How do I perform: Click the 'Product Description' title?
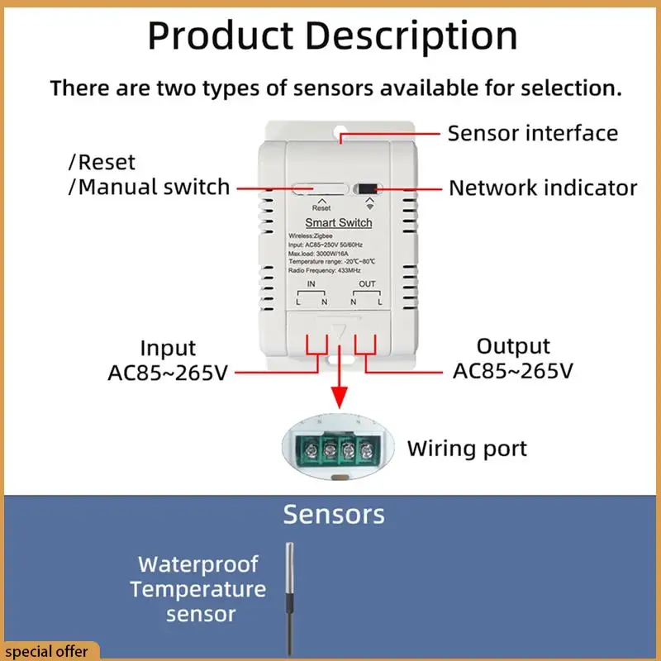click(x=332, y=36)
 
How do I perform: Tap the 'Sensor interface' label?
click(x=532, y=133)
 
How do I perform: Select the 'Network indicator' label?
click(x=543, y=188)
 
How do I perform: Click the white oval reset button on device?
click(x=317, y=188)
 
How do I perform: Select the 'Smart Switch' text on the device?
click(x=339, y=223)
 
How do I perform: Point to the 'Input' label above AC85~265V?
click(x=168, y=348)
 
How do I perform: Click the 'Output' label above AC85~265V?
click(x=513, y=346)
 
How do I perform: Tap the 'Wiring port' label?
click(x=467, y=449)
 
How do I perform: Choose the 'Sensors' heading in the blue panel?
click(x=334, y=515)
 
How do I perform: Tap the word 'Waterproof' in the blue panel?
click(x=198, y=565)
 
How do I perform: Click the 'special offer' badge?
click(x=48, y=651)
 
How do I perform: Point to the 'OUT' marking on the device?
click(x=367, y=284)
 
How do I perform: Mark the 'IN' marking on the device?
click(x=311, y=284)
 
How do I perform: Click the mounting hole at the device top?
click(x=340, y=130)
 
